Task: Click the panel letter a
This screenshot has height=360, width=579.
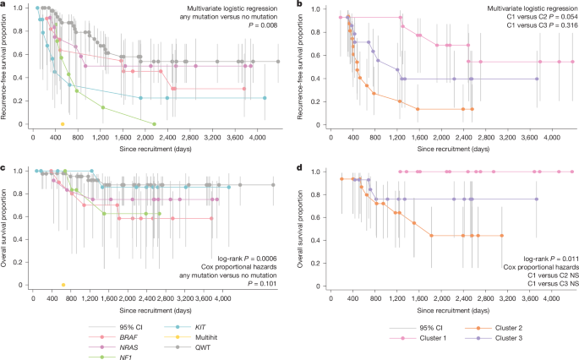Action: point(3,6)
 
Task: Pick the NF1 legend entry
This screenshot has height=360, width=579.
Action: point(100,355)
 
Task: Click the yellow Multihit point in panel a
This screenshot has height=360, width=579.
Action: point(63,123)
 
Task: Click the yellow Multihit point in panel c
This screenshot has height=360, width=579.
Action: point(63,285)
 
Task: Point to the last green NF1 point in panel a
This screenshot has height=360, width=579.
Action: point(154,123)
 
